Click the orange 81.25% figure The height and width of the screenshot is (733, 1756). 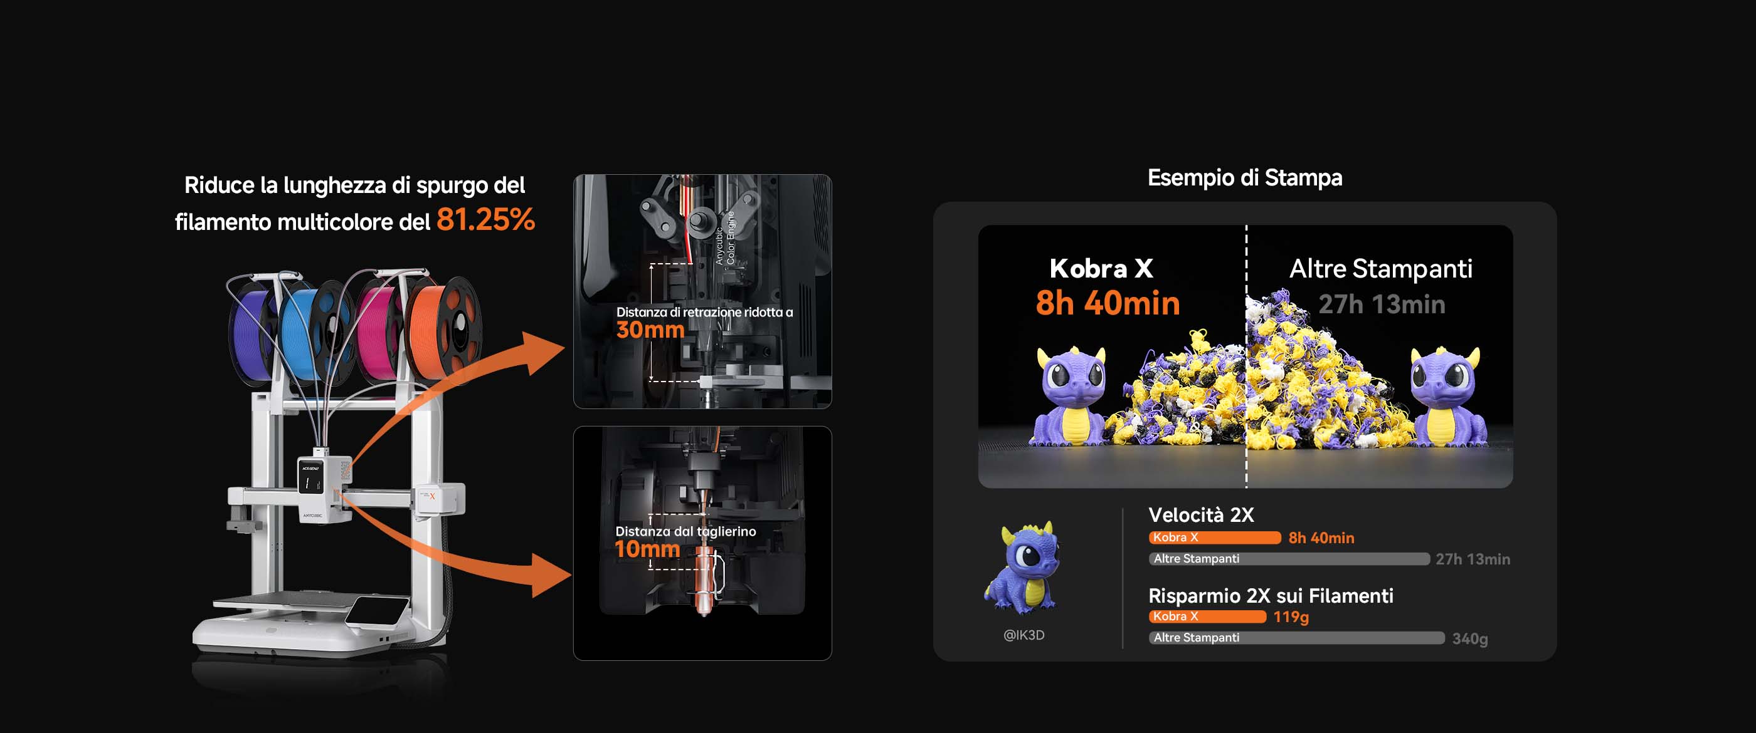tap(485, 219)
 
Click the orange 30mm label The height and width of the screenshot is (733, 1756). tap(650, 330)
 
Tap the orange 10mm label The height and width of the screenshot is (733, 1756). tap(647, 549)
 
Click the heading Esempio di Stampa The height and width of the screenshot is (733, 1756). tap(1245, 178)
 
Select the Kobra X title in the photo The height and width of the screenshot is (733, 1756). tap(1101, 268)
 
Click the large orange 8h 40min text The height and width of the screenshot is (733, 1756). tap(1108, 303)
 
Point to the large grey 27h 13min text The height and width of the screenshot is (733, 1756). tap(1382, 304)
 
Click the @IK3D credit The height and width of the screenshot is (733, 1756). tap(1024, 635)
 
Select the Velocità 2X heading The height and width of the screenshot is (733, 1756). tap(1201, 515)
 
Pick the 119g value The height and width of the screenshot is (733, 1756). tap(1291, 617)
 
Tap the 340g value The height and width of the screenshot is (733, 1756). tap(1469, 639)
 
